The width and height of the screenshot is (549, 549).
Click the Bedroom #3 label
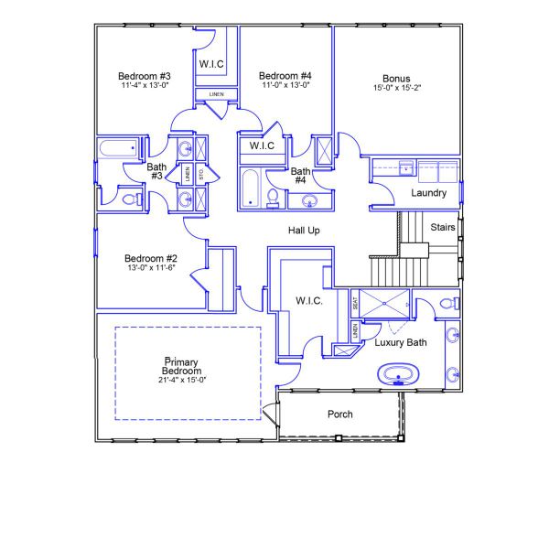[145, 75]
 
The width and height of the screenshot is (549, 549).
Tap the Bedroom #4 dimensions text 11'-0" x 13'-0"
[285, 85]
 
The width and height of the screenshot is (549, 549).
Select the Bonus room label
[396, 78]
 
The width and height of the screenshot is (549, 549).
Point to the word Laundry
[429, 193]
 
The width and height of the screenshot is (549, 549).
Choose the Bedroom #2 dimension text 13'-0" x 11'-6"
[150, 269]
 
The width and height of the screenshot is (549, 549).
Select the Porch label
[340, 414]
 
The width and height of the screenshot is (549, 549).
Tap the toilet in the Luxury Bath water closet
[448, 303]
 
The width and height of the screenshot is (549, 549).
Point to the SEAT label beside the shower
[355, 302]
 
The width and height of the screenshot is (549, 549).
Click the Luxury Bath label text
[401, 343]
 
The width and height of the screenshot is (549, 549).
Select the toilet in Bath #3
[130, 196]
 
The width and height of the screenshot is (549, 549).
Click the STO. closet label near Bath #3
[200, 172]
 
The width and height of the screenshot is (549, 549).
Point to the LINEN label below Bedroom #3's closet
[216, 94]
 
